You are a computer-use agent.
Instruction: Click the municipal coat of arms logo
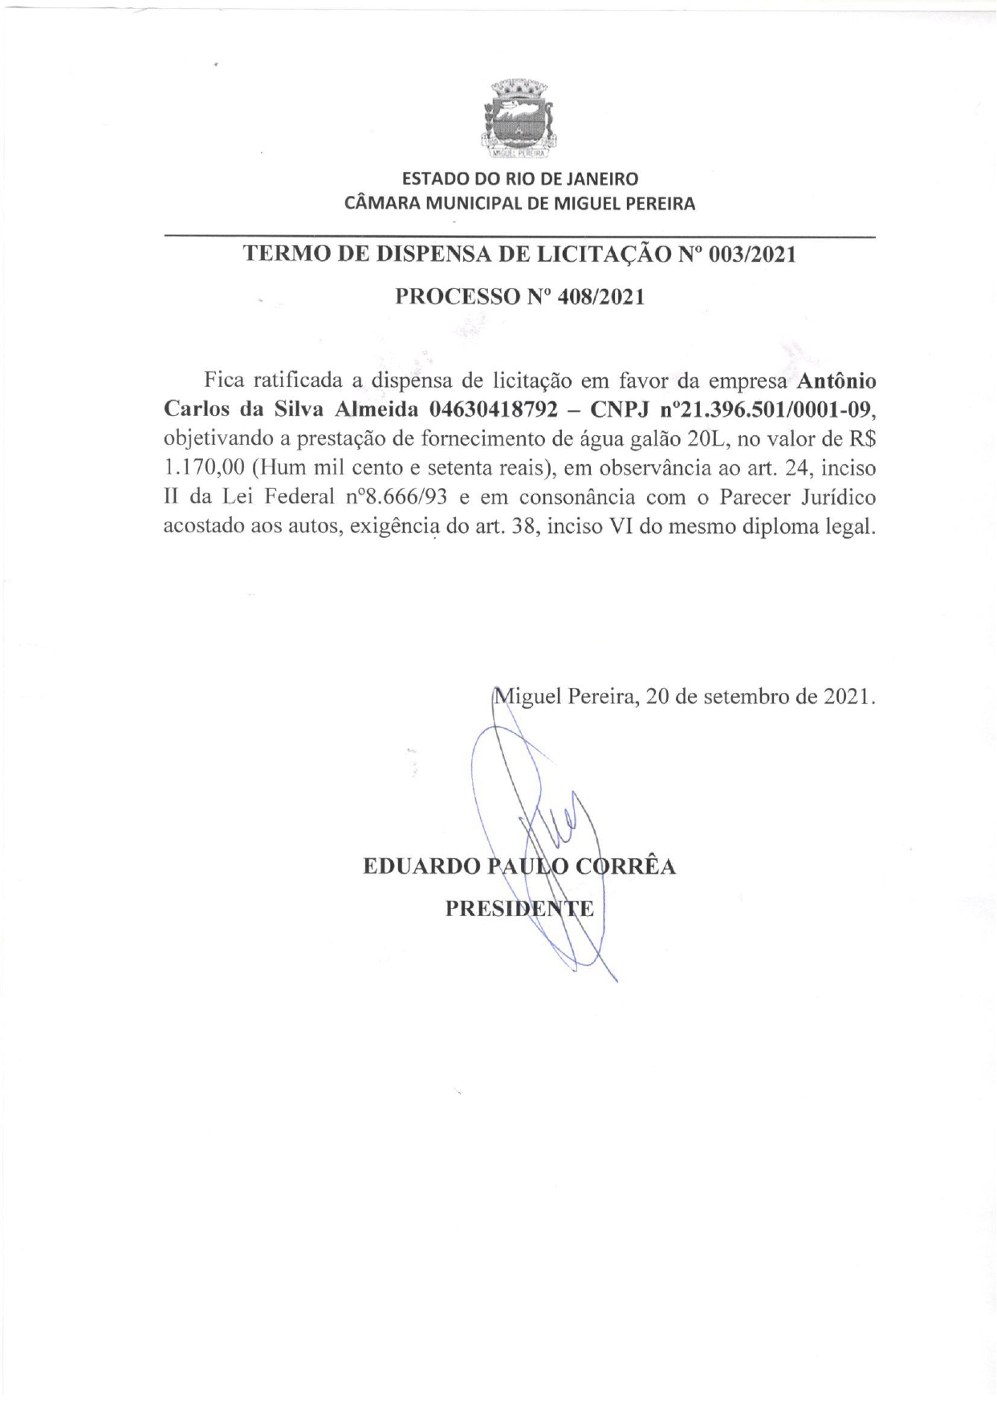(519, 118)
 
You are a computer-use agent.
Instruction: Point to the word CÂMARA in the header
(382, 203)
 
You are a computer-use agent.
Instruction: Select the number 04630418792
(493, 409)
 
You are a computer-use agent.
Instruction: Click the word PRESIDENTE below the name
(519, 909)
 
